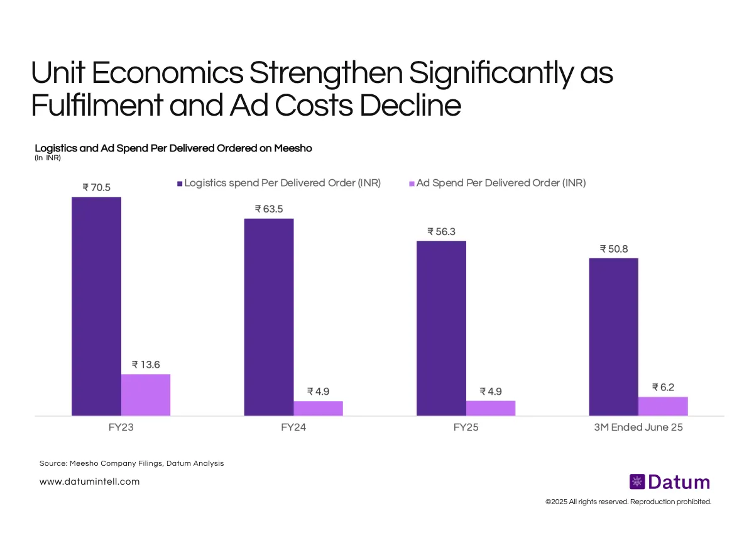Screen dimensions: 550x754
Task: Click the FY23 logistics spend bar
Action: coord(96,306)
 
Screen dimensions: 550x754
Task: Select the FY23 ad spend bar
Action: coord(146,395)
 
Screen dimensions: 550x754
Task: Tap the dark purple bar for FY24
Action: coord(268,317)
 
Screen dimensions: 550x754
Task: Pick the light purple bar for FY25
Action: coord(491,408)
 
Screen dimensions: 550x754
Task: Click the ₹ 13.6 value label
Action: coord(146,365)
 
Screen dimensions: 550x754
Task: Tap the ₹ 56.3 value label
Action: coord(441,231)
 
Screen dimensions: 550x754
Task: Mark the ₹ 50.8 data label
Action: coord(613,248)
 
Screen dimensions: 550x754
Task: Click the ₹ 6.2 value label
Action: coord(663,387)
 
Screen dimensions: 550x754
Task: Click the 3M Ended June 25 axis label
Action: coord(638,427)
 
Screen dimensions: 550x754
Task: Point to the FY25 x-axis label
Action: coord(466,427)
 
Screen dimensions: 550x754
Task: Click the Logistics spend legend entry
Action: coord(279,183)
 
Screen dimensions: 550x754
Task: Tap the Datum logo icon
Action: coord(637,482)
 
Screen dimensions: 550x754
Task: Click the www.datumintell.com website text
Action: coord(89,481)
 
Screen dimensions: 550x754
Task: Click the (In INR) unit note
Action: coord(48,158)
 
